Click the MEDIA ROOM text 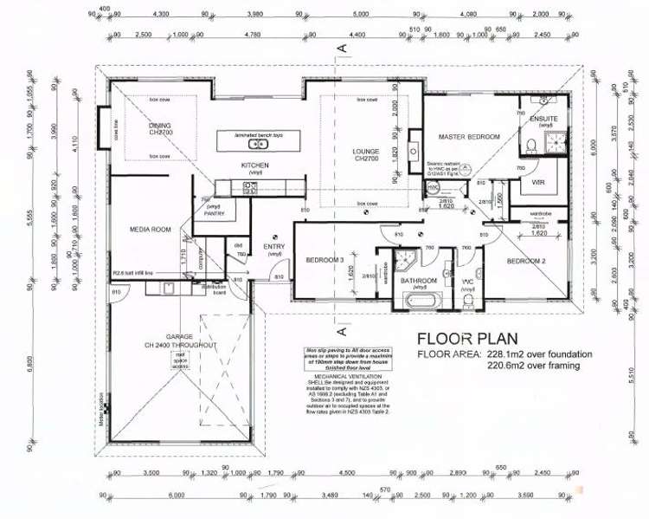pyautogui.click(x=149, y=230)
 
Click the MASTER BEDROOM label pyautogui.click(x=469, y=137)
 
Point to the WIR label pyautogui.click(x=537, y=182)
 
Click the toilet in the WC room pyautogui.click(x=468, y=300)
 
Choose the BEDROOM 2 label pyautogui.click(x=525, y=261)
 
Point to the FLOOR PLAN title pyautogui.click(x=467, y=338)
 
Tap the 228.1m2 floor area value pyautogui.click(x=512, y=354)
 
